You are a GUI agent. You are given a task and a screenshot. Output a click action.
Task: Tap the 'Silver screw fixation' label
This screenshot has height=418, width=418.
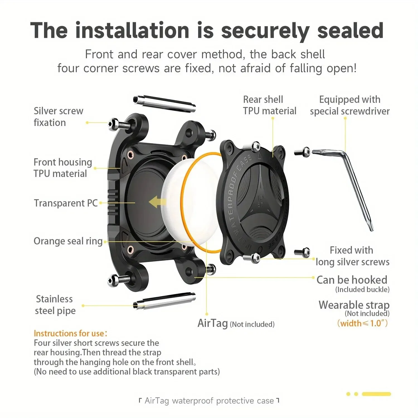[x=58, y=117]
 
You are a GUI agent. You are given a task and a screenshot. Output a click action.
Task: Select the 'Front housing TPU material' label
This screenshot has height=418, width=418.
[x=63, y=168]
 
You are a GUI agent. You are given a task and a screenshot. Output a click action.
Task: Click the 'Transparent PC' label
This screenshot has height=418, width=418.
[x=66, y=203]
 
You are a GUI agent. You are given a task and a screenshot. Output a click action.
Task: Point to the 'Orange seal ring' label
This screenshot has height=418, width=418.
[x=68, y=241]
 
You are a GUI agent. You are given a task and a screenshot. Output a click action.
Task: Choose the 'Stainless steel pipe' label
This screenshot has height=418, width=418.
[x=55, y=305]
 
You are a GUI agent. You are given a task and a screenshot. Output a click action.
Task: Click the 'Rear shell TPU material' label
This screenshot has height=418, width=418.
[x=269, y=105]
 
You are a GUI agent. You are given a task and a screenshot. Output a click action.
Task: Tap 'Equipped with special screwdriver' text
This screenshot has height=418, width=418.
[x=350, y=105]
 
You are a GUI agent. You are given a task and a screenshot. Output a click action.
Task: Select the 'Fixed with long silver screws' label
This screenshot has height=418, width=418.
[x=353, y=256]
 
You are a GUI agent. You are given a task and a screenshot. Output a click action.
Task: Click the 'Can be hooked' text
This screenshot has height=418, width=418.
[x=352, y=280]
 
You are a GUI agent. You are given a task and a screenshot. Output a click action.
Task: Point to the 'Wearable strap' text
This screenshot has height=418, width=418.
[x=354, y=305]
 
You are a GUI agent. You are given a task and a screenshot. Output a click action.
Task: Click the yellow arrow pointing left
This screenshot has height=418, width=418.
[x=157, y=202]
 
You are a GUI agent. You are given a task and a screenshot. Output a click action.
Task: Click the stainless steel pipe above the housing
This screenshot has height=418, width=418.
[x=164, y=104]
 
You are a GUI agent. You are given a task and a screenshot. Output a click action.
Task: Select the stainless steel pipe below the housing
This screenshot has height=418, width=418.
[x=164, y=301]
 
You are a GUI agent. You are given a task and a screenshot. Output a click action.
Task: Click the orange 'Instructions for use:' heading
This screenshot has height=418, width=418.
[x=70, y=333]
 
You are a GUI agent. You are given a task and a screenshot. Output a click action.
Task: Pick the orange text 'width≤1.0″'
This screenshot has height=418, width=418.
[x=362, y=323]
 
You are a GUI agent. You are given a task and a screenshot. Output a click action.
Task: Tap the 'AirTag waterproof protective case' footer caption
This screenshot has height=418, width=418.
[x=209, y=401]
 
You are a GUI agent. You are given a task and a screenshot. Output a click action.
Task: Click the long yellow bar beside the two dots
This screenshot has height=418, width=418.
[x=376, y=394]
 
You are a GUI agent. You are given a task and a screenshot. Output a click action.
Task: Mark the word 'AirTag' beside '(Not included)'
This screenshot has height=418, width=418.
[x=213, y=323]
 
